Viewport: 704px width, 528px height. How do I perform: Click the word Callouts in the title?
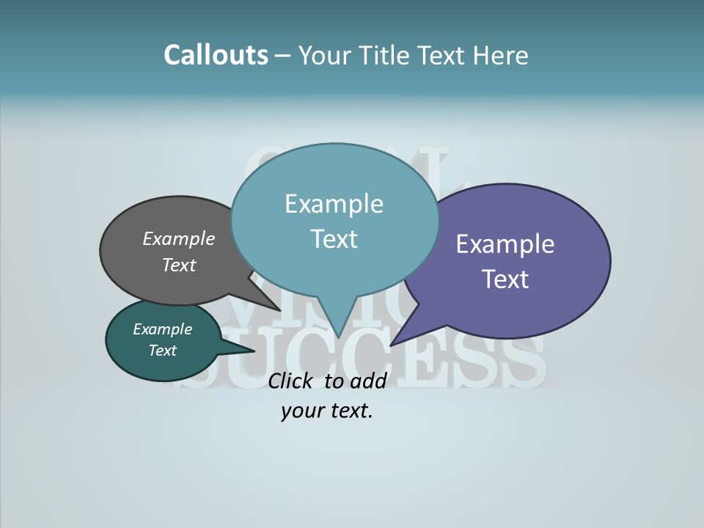[216, 55]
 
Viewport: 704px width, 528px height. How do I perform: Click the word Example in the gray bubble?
[179, 239]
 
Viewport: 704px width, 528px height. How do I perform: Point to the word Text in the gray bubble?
[179, 265]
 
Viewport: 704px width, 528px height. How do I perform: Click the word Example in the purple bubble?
[505, 244]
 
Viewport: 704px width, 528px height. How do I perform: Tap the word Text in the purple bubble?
[505, 279]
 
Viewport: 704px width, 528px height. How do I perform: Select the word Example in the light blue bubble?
[334, 204]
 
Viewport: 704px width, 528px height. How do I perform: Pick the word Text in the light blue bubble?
[334, 239]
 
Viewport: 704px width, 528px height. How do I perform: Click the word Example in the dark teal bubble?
[162, 329]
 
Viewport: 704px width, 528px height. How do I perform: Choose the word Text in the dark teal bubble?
[162, 351]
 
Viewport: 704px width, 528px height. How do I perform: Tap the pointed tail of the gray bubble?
[275, 306]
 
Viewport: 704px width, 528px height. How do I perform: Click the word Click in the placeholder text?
[292, 381]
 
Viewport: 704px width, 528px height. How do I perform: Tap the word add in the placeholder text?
[368, 381]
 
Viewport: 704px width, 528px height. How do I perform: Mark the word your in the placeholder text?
[301, 411]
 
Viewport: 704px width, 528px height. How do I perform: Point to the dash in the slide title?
[284, 56]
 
